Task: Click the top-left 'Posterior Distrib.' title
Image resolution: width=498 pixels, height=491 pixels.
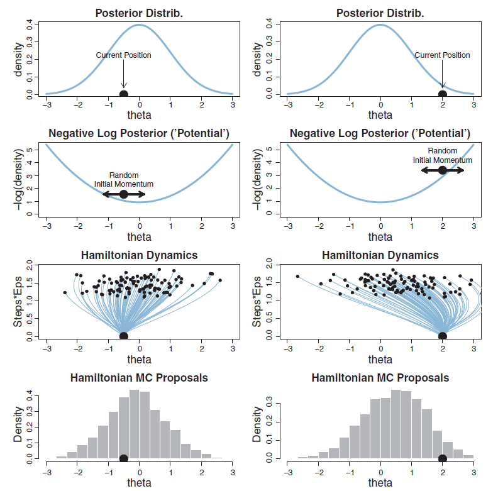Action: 140,13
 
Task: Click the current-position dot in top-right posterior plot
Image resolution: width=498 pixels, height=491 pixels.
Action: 443,94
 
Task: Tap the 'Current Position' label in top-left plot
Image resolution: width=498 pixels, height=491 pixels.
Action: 123,55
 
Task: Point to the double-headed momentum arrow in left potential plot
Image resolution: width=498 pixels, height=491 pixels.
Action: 124,194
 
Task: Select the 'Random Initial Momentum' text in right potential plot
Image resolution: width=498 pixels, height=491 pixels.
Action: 442,155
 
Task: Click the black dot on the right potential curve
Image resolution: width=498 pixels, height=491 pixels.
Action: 443,170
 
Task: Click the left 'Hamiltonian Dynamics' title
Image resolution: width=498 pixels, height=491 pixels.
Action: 140,255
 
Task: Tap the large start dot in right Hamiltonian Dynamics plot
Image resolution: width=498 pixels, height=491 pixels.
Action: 443,336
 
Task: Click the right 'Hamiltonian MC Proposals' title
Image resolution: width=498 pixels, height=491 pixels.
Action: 380,378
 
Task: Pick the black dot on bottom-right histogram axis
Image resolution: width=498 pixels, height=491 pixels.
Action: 443,459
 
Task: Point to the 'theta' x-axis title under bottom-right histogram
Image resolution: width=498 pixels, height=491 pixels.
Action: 380,483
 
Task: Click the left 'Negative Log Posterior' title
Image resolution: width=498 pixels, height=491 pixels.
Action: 140,133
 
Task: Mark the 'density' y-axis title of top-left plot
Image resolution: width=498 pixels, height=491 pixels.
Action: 19,58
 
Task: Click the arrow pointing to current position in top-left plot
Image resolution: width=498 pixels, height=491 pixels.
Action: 123,75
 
